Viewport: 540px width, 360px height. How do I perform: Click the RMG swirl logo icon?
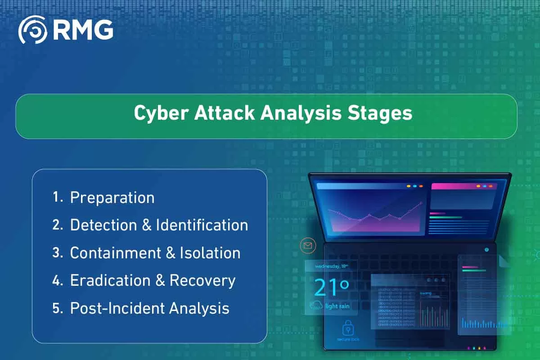coord(32,30)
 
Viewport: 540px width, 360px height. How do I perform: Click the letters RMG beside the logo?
coord(83,30)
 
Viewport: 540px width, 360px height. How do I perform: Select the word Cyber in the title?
coord(160,113)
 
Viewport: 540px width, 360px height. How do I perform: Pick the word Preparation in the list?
coord(112,198)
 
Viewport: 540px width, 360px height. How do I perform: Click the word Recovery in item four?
coord(202,280)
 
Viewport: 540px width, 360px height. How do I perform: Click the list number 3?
coord(57,253)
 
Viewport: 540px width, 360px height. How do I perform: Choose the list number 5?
coord(57,308)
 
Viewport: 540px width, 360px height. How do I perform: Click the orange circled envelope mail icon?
coord(308,246)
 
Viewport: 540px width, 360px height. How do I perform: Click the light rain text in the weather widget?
coord(337,306)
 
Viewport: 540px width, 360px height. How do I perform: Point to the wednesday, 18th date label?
coord(331,266)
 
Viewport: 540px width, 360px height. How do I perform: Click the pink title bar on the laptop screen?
coord(463,186)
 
